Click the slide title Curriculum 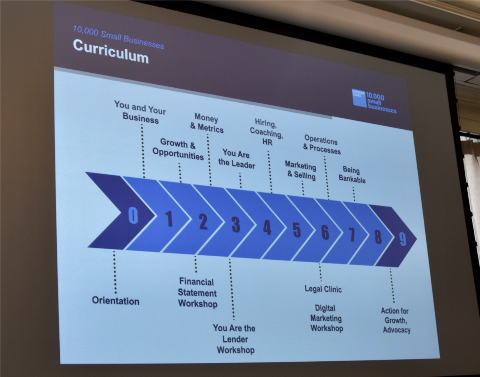coord(111,52)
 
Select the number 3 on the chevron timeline coord(235,224)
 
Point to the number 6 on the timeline coord(325,232)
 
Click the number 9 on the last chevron coord(402,239)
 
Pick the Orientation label coord(115,301)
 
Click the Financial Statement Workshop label coord(197,292)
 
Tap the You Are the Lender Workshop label coord(234,339)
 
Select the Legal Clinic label coord(323,289)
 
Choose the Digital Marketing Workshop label coord(326,318)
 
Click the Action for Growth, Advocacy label coord(396,320)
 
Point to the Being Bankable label coord(352,175)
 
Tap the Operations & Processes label coord(321,145)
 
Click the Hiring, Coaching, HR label coord(267,132)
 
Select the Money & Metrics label coord(207,123)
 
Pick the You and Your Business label coord(140,112)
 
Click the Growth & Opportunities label coord(178,149)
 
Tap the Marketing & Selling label coord(301,170)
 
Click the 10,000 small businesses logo coord(374,101)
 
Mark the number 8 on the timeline coord(378,237)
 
